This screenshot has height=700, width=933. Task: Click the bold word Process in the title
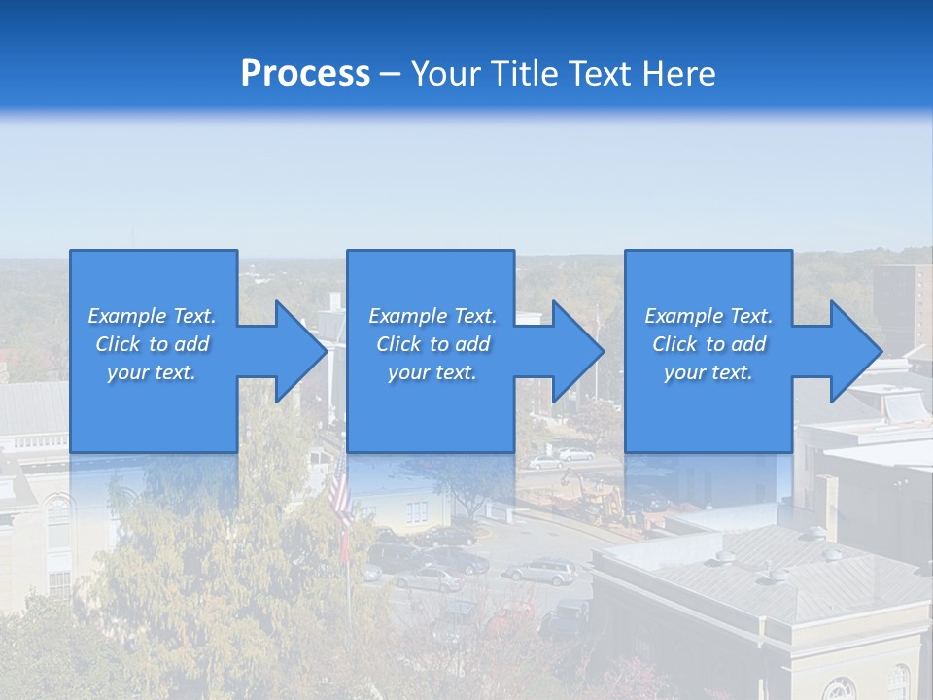305,73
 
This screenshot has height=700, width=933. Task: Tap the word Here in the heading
679,73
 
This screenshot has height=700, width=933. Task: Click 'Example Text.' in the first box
152,316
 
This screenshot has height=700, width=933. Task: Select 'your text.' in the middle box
432,372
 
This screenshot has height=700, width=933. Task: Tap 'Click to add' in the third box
708,344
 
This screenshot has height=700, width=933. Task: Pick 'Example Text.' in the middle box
432,316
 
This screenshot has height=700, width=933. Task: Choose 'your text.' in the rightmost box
708,372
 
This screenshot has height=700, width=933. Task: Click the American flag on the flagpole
340,496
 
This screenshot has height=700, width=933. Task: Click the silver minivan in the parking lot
539,572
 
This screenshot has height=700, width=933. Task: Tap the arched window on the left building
58,520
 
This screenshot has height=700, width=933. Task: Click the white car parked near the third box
575,454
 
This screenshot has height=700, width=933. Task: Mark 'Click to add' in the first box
152,344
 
